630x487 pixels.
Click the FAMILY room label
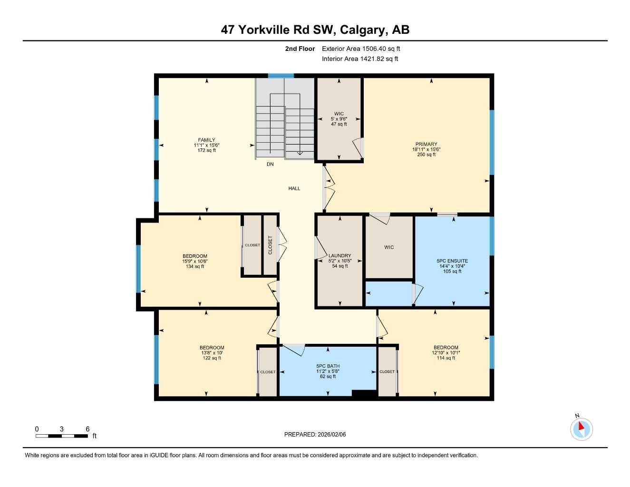pos(206,140)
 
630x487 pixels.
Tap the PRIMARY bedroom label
pos(426,144)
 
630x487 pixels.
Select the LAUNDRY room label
pos(339,256)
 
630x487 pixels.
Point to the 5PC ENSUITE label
pos(452,261)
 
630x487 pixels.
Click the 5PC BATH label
pos(328,366)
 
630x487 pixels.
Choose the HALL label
pos(294,189)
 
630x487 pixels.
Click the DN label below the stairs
pos(270,165)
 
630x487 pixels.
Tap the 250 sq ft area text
pos(426,155)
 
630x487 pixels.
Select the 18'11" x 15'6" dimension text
pos(426,149)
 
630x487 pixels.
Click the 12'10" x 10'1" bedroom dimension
pos(446,353)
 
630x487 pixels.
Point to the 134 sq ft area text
pos(195,267)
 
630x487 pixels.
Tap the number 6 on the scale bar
pos(87,429)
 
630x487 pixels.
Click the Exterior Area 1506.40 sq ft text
pos(361,49)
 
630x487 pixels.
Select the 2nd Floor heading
pos(300,49)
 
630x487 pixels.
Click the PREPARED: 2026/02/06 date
pos(315,435)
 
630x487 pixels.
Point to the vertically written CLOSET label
pos(270,245)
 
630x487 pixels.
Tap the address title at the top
pos(315,30)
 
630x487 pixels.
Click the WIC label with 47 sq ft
pos(339,114)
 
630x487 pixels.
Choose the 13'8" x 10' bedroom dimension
pos(212,353)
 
